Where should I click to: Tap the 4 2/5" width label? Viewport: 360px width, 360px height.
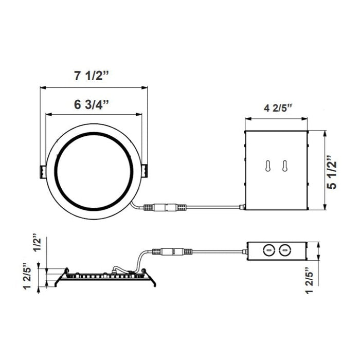point(278,108)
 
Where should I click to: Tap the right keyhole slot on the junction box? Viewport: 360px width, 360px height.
point(283,166)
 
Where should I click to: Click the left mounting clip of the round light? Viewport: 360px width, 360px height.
point(41,171)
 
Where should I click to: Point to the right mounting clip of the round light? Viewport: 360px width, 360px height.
point(145,171)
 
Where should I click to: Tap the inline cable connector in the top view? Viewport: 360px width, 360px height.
point(163,208)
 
